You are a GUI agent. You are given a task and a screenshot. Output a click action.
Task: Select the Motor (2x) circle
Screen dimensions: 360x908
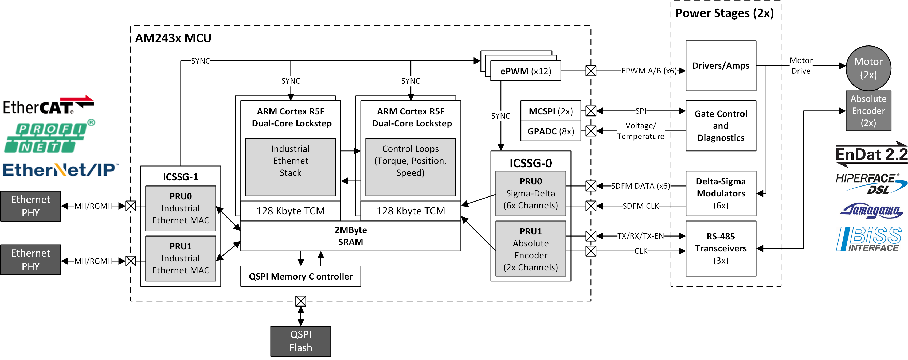pyautogui.click(x=868, y=68)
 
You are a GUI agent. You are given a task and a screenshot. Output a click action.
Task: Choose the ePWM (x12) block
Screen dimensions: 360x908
pyautogui.click(x=525, y=71)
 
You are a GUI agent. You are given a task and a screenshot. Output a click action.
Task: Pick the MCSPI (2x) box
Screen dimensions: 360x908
pyautogui.click(x=551, y=111)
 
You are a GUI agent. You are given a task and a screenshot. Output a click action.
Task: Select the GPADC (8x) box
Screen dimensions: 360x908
pyautogui.click(x=551, y=131)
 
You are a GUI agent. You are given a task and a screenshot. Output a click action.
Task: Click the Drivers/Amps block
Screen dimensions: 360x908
pyautogui.click(x=721, y=66)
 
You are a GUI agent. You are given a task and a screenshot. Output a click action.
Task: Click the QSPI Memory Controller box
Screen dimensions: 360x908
pyautogui.click(x=300, y=276)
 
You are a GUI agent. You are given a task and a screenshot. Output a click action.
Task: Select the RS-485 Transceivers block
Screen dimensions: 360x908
pyautogui.click(x=721, y=248)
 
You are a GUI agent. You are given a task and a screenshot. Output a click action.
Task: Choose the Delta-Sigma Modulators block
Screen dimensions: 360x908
pyautogui.click(x=721, y=193)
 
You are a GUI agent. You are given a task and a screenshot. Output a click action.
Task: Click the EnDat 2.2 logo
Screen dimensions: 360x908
pyautogui.click(x=871, y=154)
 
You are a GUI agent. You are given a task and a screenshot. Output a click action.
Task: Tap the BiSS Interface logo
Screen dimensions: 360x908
pyautogui.click(x=868, y=239)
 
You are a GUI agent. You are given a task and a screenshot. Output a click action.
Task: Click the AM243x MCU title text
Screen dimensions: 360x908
pyautogui.click(x=173, y=38)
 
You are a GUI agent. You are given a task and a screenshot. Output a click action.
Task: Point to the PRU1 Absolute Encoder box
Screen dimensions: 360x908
pyautogui.click(x=530, y=249)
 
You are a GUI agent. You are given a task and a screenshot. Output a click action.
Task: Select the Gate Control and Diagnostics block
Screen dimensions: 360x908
pyautogui.click(x=721, y=126)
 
